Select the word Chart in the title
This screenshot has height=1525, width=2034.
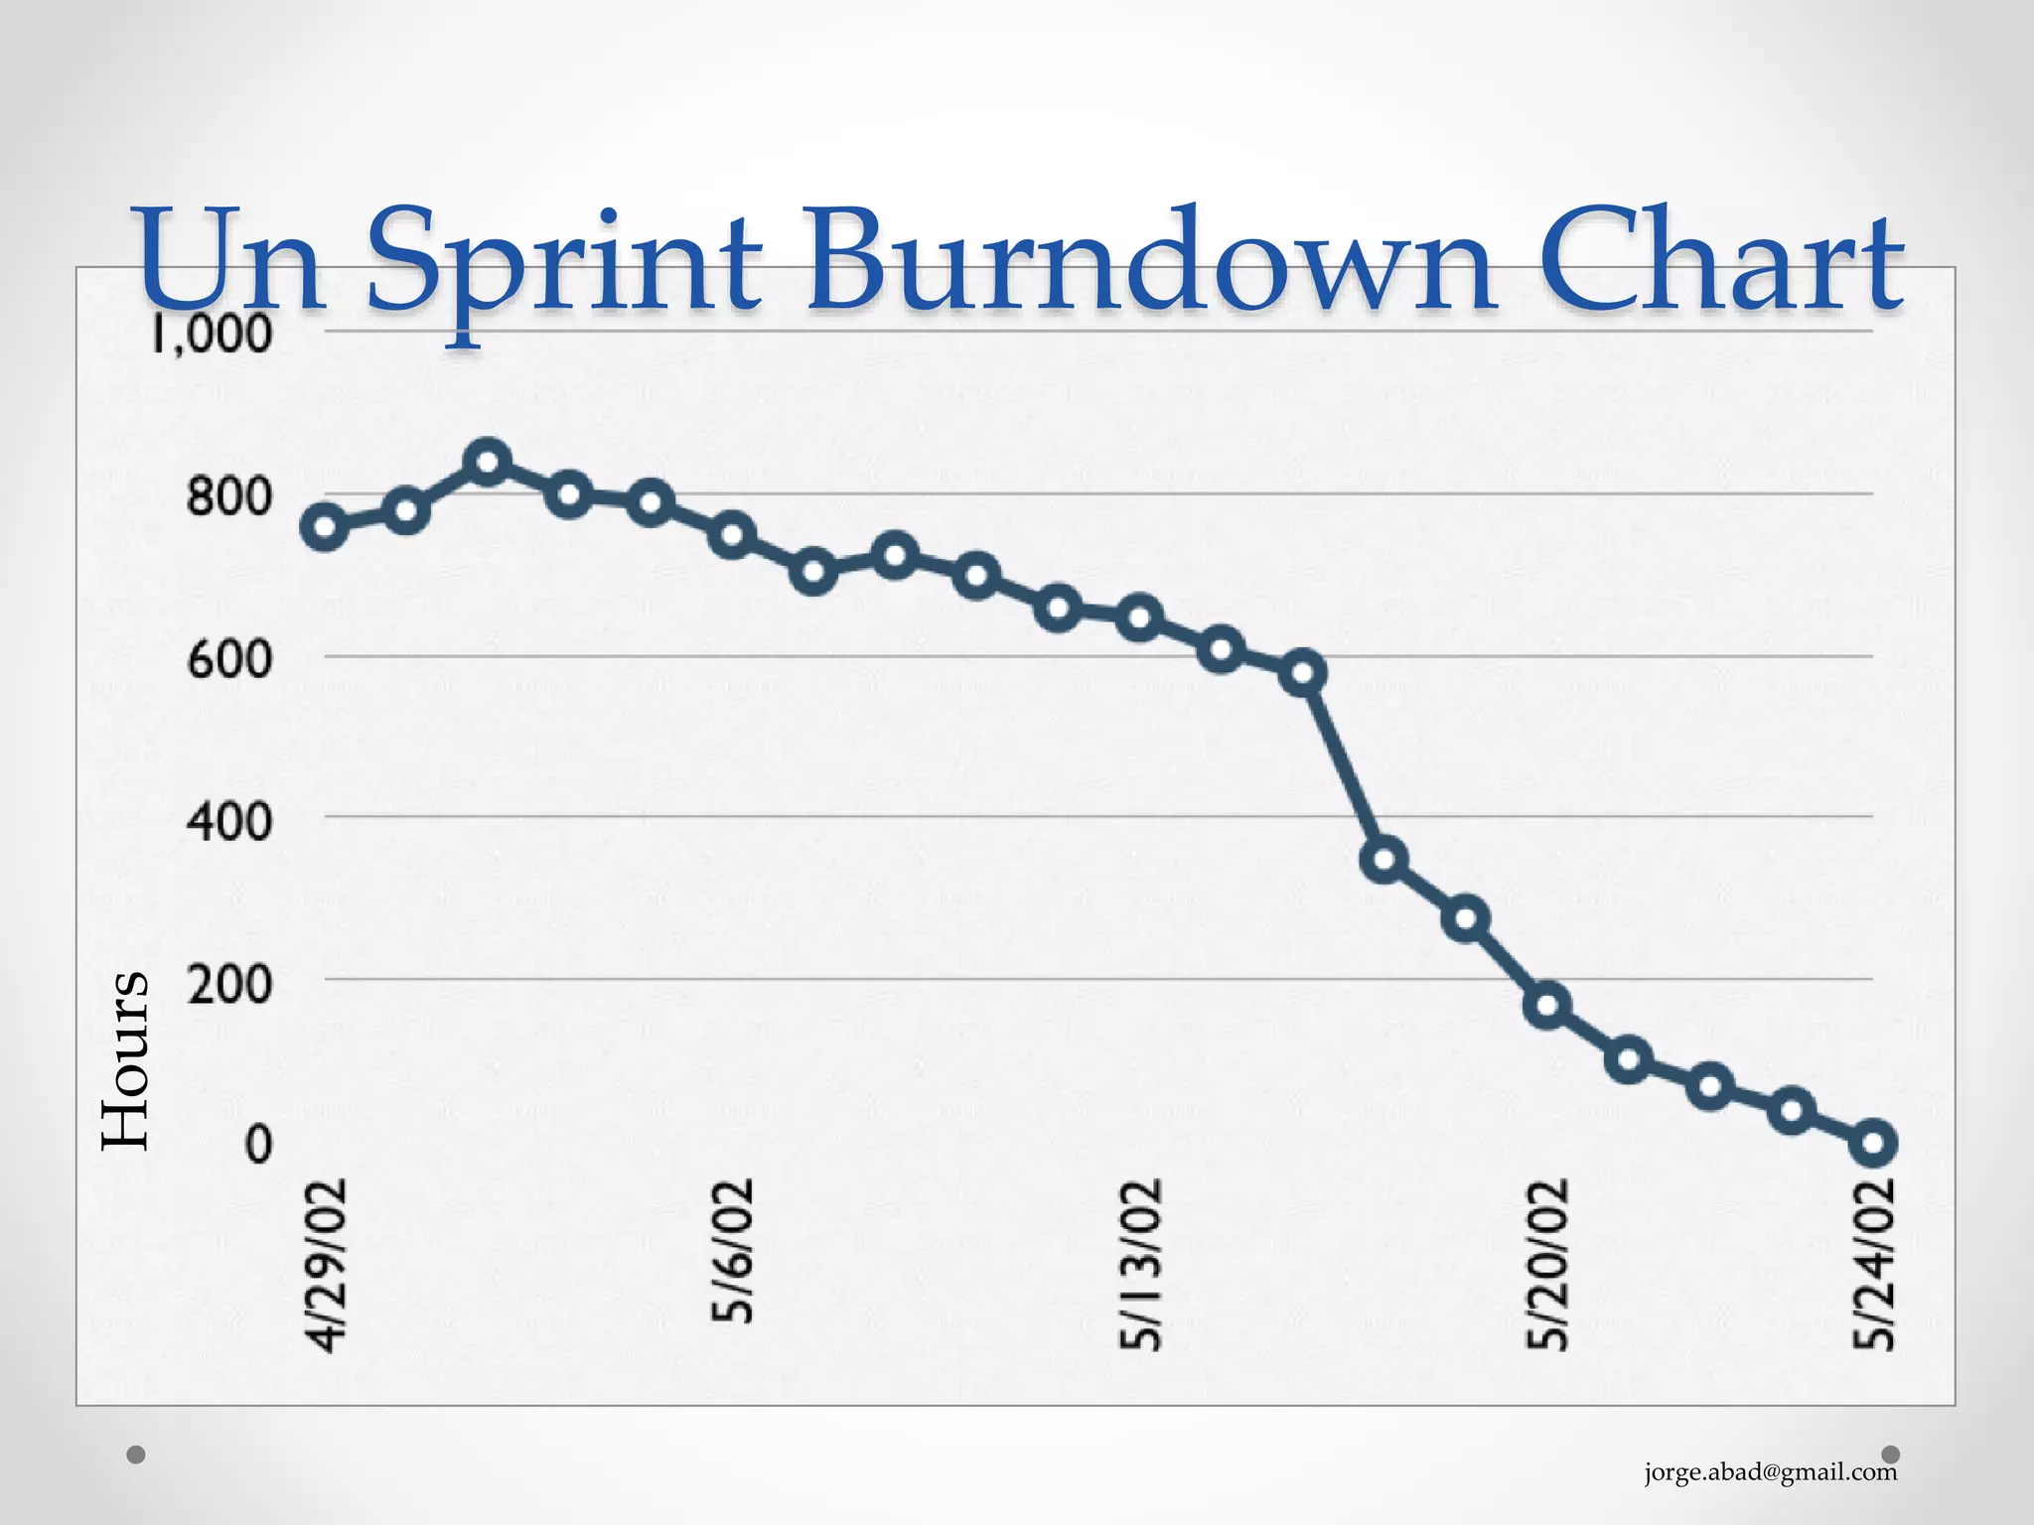tap(1721, 260)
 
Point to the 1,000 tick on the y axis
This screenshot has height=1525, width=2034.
tap(212, 334)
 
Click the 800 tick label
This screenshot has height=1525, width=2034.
tap(228, 495)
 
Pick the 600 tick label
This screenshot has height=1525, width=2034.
tap(228, 658)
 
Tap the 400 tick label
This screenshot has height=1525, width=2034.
tap(228, 821)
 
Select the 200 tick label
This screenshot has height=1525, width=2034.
tap(228, 984)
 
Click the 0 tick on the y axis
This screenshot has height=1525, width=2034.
tap(258, 1145)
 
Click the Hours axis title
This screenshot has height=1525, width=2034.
tap(126, 1060)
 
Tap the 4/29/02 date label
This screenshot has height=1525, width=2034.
tap(327, 1265)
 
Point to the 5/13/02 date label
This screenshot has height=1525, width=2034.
tap(1140, 1264)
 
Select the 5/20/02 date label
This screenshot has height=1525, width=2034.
tap(1547, 1264)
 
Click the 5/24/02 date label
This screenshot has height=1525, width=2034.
tap(1875, 1264)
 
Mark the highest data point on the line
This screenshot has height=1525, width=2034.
tap(488, 463)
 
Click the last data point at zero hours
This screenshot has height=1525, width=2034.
tap(1873, 1143)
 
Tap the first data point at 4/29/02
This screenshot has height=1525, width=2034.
tap(325, 527)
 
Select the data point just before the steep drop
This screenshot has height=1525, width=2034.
tap(1303, 673)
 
